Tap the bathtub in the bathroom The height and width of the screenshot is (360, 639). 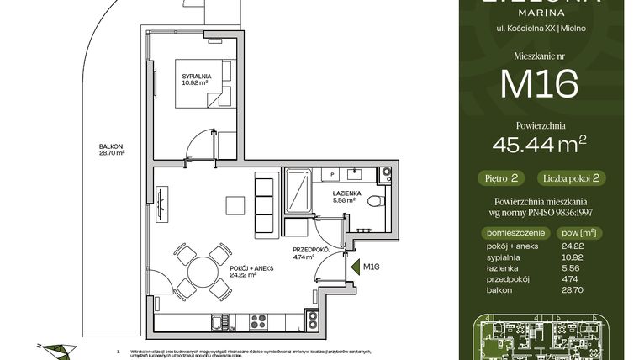coord(298,191)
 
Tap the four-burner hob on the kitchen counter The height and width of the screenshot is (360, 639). coord(257,320)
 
